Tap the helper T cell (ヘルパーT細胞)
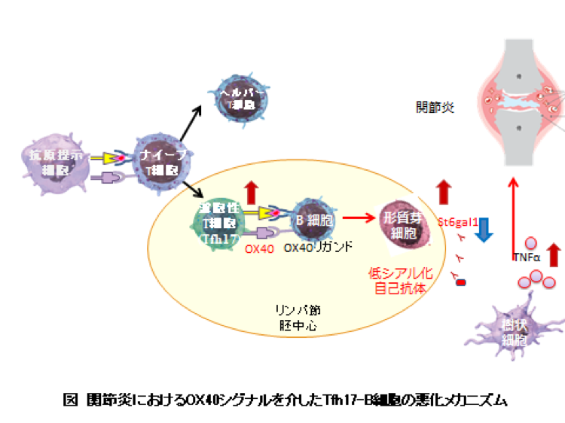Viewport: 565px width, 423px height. pos(240,98)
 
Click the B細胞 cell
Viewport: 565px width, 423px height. pos(313,221)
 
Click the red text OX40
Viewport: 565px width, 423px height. pos(258,249)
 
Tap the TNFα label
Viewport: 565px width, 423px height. pos(527,257)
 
